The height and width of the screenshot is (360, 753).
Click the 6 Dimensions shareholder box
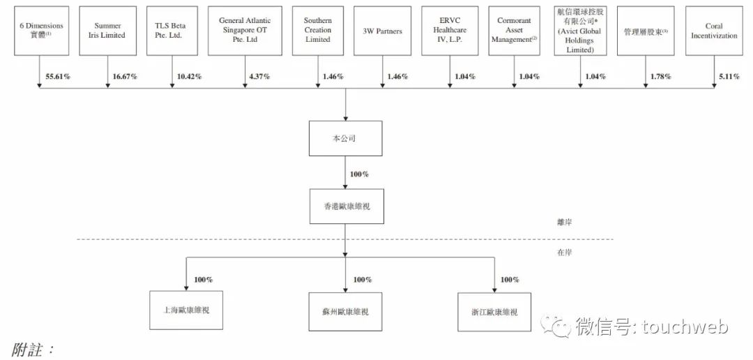[x=42, y=30]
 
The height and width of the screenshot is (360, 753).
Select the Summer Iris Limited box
[x=107, y=30]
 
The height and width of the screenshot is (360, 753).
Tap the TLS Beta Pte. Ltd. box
[x=172, y=30]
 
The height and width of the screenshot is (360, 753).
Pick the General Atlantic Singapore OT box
[x=245, y=30]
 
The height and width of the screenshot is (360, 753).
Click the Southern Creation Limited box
[x=318, y=30]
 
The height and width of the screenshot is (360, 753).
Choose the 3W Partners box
[x=383, y=30]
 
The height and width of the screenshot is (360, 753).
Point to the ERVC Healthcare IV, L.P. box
[x=450, y=30]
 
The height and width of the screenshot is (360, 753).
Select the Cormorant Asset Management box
[x=514, y=30]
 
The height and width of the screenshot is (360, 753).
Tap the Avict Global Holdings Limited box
[x=579, y=30]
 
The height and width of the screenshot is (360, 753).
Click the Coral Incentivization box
[x=714, y=30]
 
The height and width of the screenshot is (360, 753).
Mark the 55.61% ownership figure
[x=58, y=77]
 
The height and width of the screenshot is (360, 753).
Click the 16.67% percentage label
[x=124, y=77]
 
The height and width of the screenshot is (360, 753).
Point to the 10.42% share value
[x=189, y=77]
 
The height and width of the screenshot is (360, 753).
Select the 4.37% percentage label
[x=260, y=77]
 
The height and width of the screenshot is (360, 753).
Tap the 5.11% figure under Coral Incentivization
[x=729, y=77]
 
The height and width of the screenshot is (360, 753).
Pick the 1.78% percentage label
[x=661, y=77]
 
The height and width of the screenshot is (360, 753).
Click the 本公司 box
[x=346, y=138]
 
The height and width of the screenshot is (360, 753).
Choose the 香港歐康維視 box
[x=347, y=207]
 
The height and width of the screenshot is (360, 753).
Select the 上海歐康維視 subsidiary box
[x=186, y=310]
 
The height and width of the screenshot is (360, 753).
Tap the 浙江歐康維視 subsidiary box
[x=494, y=312]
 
